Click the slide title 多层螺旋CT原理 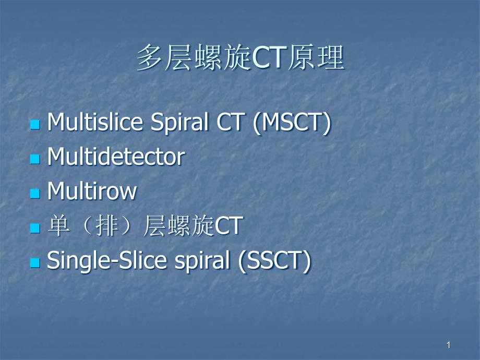(241, 58)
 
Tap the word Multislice (95, 122)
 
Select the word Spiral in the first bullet (179, 123)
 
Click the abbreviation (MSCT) (292, 123)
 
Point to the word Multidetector (116, 157)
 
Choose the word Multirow (92, 191)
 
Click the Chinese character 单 (58, 225)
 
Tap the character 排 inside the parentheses (107, 225)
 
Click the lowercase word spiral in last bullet (202, 261)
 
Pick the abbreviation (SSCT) (274, 261)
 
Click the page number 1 (449, 345)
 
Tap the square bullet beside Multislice (35, 125)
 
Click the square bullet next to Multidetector (35, 159)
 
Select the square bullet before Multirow (35, 194)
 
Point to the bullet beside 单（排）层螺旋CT (35, 228)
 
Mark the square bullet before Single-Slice (35, 262)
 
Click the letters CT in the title (269, 58)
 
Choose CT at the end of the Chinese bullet (229, 226)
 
